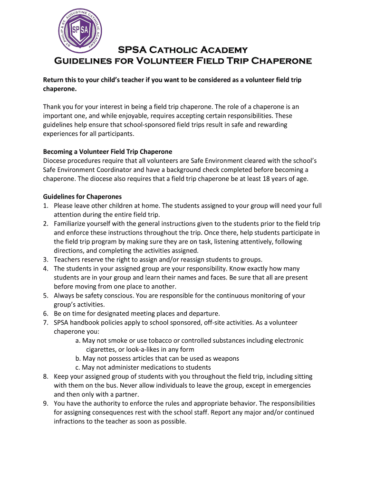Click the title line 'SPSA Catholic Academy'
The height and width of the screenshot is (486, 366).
point(183,50)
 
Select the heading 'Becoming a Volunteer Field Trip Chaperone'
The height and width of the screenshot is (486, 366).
point(107,152)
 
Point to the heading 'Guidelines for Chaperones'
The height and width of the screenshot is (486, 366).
point(82,196)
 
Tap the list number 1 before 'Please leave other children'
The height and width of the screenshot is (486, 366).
point(46,206)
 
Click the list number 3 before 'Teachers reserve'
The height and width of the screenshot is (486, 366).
point(46,260)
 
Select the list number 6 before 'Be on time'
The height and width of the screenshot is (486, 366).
point(46,314)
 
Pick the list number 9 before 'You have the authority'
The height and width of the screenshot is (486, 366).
point(46,404)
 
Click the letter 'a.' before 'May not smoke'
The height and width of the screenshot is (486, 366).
point(78,341)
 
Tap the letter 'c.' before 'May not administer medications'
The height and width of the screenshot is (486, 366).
point(78,368)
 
